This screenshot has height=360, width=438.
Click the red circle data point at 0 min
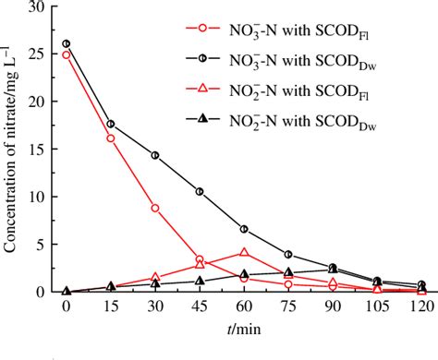tap(66, 54)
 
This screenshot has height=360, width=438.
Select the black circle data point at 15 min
tap(110, 124)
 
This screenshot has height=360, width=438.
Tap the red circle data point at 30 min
tap(155, 208)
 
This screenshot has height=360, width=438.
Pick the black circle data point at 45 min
tap(200, 191)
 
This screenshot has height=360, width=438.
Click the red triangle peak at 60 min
tap(244, 252)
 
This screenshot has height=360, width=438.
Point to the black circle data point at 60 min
tap(244, 229)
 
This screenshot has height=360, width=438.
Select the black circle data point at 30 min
tap(155, 155)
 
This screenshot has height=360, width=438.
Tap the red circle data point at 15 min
tap(110, 138)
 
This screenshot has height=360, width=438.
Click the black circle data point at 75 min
tap(288, 254)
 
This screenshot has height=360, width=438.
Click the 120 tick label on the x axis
tap(421, 306)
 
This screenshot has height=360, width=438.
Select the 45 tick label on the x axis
tap(200, 306)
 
